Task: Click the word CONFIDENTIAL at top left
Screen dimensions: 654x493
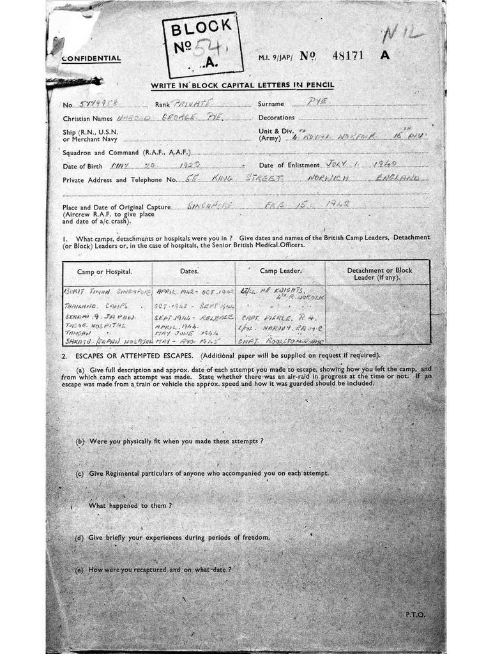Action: click(91, 59)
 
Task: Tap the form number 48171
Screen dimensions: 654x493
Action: click(348, 56)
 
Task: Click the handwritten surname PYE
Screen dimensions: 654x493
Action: click(317, 102)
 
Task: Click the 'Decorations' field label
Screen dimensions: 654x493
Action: click(277, 118)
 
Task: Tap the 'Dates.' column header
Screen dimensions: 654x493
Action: click(189, 271)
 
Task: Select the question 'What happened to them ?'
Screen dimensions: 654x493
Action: click(130, 505)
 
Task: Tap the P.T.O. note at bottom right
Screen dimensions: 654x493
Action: click(414, 614)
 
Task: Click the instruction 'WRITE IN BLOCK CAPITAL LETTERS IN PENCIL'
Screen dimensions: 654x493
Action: click(242, 86)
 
